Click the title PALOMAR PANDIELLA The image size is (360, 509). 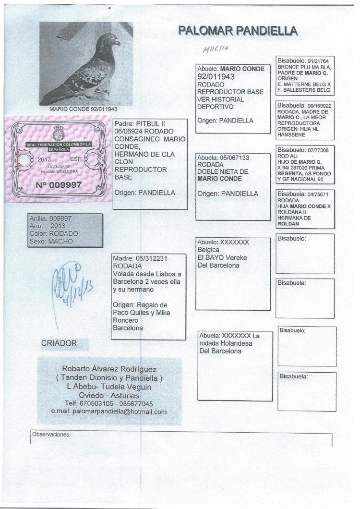(x=238, y=31)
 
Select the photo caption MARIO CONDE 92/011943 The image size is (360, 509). (x=83, y=109)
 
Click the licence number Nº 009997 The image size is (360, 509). (x=59, y=184)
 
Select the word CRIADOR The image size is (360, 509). (x=59, y=343)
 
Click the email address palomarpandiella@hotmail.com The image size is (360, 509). (x=109, y=412)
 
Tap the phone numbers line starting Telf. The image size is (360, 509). (x=109, y=403)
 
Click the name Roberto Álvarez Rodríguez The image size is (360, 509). (x=109, y=369)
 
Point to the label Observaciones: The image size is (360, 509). (x=51, y=434)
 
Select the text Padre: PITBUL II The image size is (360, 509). (x=139, y=124)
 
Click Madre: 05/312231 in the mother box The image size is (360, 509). (x=140, y=258)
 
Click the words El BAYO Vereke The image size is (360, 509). (x=222, y=258)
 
